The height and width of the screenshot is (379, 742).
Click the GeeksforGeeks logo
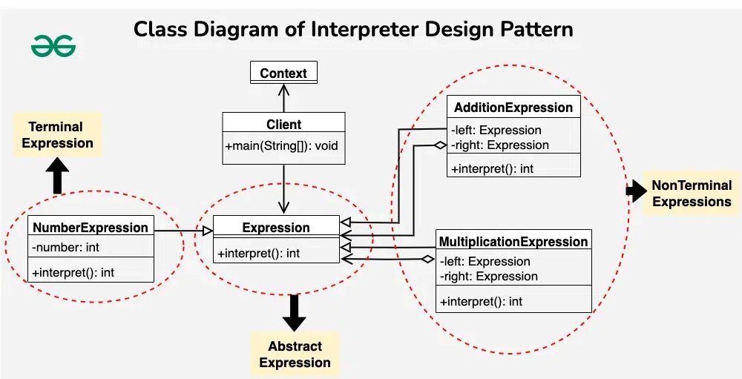point(53,46)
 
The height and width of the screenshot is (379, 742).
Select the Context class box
point(283,73)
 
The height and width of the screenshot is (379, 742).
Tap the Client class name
point(283,125)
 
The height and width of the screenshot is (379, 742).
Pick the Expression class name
point(276,228)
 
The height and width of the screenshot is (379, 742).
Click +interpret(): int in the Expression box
point(258,254)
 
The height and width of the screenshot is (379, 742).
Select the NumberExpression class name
point(91,228)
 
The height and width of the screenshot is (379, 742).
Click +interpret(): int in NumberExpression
point(73,272)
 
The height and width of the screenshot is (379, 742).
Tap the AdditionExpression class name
point(513,108)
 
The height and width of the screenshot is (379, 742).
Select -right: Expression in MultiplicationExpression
point(488,276)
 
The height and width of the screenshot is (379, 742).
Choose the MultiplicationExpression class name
point(513,242)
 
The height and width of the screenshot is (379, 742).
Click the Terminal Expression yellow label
point(57,135)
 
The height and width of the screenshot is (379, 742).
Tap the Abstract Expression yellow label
point(295,355)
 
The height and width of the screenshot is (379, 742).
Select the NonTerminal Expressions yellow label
point(692,194)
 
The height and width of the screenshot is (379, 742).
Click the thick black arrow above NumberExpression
point(57,177)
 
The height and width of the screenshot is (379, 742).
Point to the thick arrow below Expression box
point(295,312)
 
